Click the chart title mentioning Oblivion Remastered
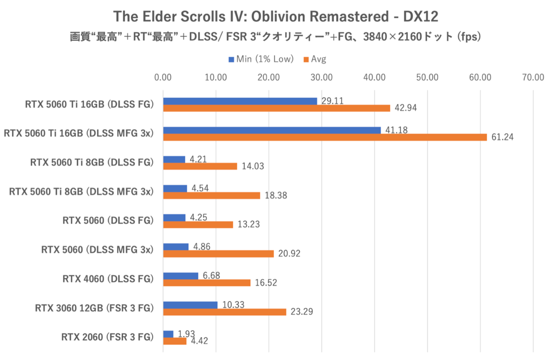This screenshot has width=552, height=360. point(276,17)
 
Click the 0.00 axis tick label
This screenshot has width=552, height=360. point(163,77)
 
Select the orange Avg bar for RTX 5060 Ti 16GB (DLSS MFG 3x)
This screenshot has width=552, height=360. point(325,137)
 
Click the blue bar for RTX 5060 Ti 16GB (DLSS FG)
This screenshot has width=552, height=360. point(240,101)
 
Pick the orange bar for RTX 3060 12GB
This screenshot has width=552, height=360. point(224,312)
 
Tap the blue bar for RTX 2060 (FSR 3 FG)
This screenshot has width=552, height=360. point(168,334)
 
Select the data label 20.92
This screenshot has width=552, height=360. point(289,254)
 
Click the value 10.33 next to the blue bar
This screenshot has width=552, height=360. point(232,304)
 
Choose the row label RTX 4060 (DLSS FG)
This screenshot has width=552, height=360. point(108,279)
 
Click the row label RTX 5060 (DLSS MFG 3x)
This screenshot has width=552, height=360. point(97,250)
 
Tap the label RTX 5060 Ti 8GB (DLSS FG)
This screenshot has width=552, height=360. point(92,162)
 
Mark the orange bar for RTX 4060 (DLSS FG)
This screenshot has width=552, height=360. point(207,283)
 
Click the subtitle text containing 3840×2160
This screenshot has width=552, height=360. point(276,37)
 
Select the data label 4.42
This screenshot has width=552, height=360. point(199,341)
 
